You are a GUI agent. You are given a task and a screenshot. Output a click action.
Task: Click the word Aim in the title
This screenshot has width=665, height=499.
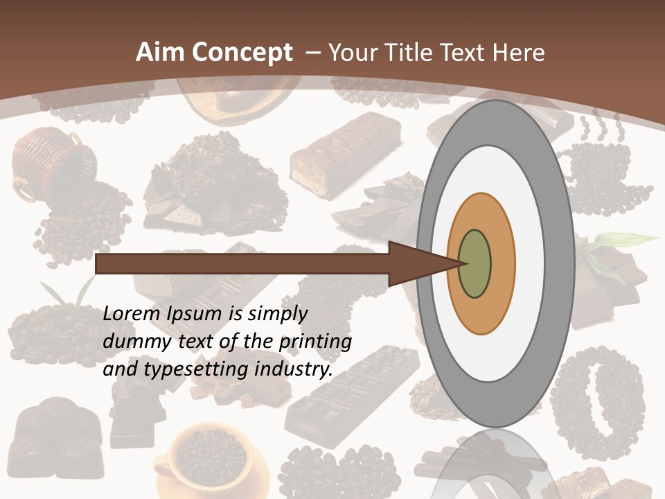click(160, 53)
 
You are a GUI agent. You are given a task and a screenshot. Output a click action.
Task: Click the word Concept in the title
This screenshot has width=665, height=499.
click(242, 53)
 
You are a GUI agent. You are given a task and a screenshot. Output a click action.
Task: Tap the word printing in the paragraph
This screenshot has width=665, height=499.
click(315, 342)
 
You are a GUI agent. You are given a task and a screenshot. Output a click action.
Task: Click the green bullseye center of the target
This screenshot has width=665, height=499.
click(475, 263)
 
